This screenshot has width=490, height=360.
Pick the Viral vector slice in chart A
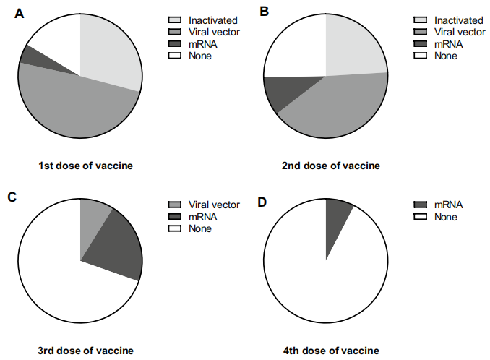(x=72, y=105)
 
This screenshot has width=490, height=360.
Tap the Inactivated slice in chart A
(x=108, y=51)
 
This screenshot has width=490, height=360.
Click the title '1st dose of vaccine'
(x=85, y=166)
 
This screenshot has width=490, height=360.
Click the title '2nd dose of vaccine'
(x=332, y=166)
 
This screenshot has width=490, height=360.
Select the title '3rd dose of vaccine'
(x=85, y=351)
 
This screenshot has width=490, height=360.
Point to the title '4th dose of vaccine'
(x=332, y=351)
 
